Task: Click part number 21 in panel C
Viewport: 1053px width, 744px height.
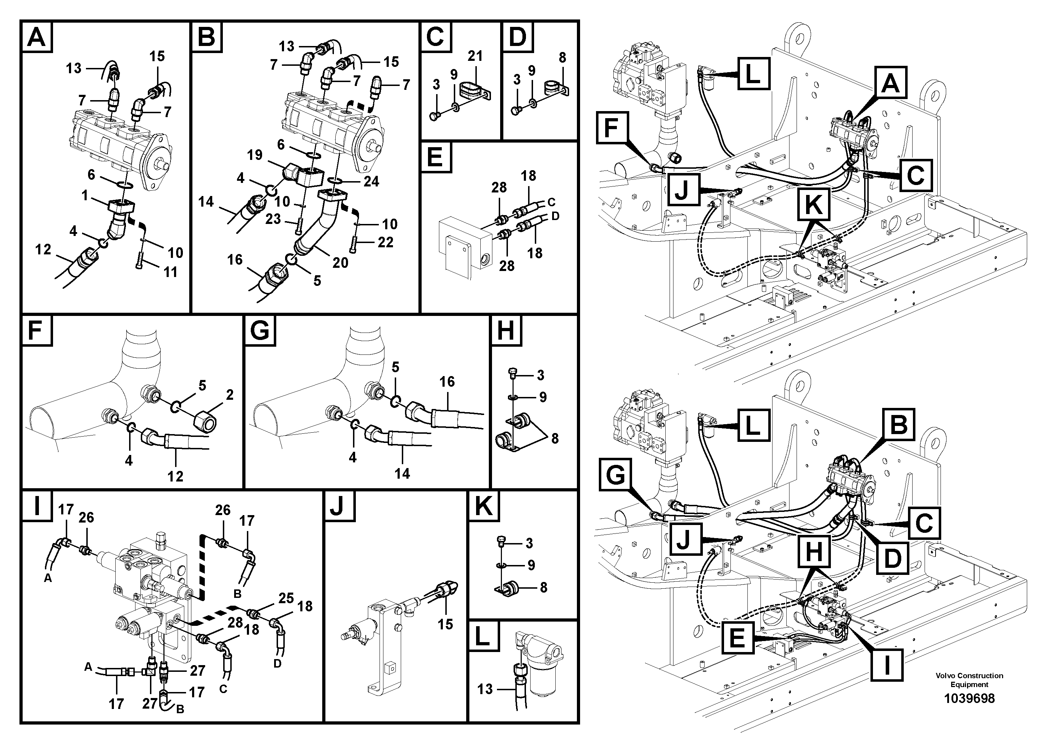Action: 475,56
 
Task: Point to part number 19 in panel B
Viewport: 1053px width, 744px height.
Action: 255,155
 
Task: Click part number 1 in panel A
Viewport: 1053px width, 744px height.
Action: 85,196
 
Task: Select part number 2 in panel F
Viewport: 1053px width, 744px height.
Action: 230,394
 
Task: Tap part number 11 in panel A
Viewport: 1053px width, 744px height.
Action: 170,272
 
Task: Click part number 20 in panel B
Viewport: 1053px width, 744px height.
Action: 340,263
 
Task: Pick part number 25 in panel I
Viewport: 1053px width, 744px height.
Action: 286,598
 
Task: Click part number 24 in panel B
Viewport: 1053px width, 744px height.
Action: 371,181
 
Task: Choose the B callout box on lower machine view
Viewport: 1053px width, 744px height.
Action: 898,425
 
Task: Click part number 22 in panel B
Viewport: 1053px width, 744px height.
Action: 385,242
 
